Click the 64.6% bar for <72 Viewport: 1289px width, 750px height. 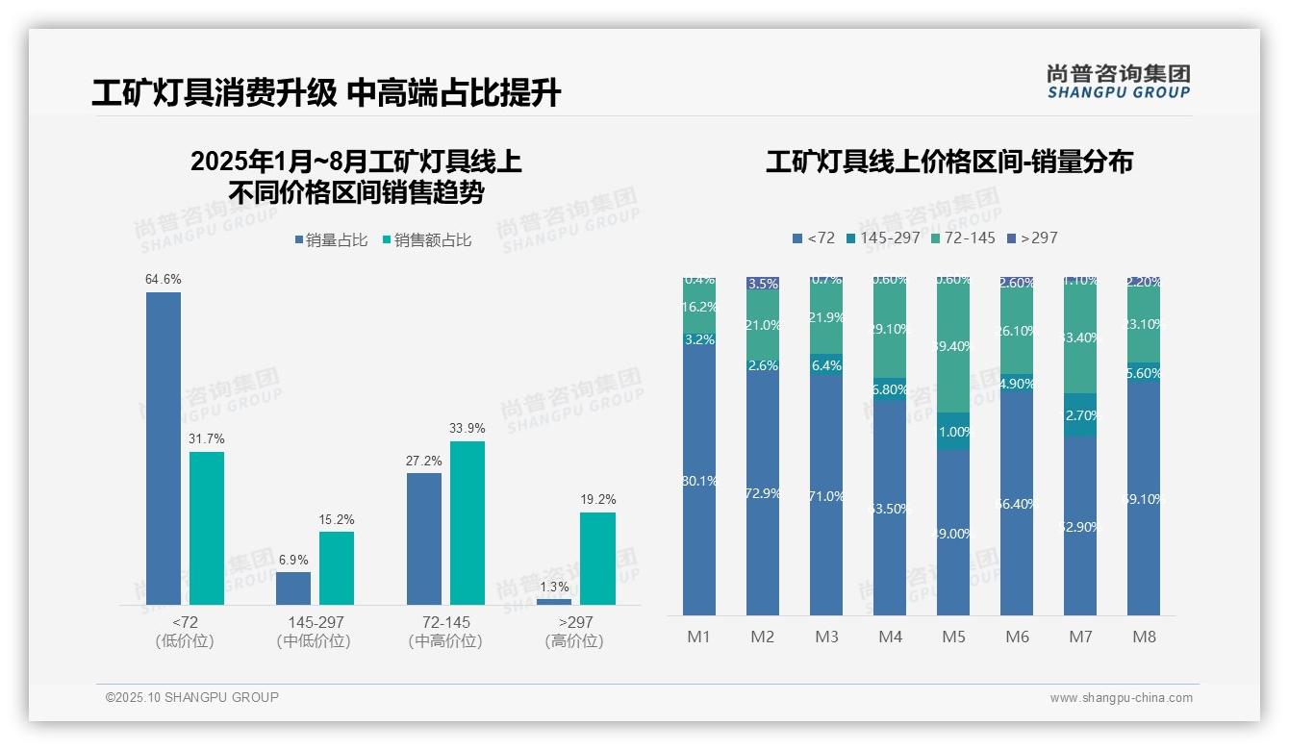click(x=164, y=448)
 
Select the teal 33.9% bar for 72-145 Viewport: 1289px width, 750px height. click(x=468, y=522)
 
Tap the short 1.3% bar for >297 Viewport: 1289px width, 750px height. click(x=553, y=602)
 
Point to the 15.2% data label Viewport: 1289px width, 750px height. click(x=337, y=520)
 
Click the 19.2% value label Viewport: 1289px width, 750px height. click(x=598, y=500)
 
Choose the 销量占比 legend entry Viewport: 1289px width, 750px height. click(x=331, y=240)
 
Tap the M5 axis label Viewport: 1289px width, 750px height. click(x=953, y=637)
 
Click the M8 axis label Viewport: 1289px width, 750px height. click(x=1144, y=637)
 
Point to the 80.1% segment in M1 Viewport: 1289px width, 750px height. click(x=699, y=481)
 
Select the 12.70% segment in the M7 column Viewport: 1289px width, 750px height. click(x=1080, y=415)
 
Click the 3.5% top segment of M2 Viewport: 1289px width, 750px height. click(x=763, y=284)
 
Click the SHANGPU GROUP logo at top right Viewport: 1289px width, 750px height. click(x=1118, y=82)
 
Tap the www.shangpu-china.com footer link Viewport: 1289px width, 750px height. click(x=1121, y=698)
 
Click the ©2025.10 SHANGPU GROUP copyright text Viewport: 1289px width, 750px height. click(x=192, y=697)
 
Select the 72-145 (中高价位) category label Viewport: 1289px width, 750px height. click(x=445, y=632)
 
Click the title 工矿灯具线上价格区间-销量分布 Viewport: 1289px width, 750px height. click(x=948, y=162)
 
